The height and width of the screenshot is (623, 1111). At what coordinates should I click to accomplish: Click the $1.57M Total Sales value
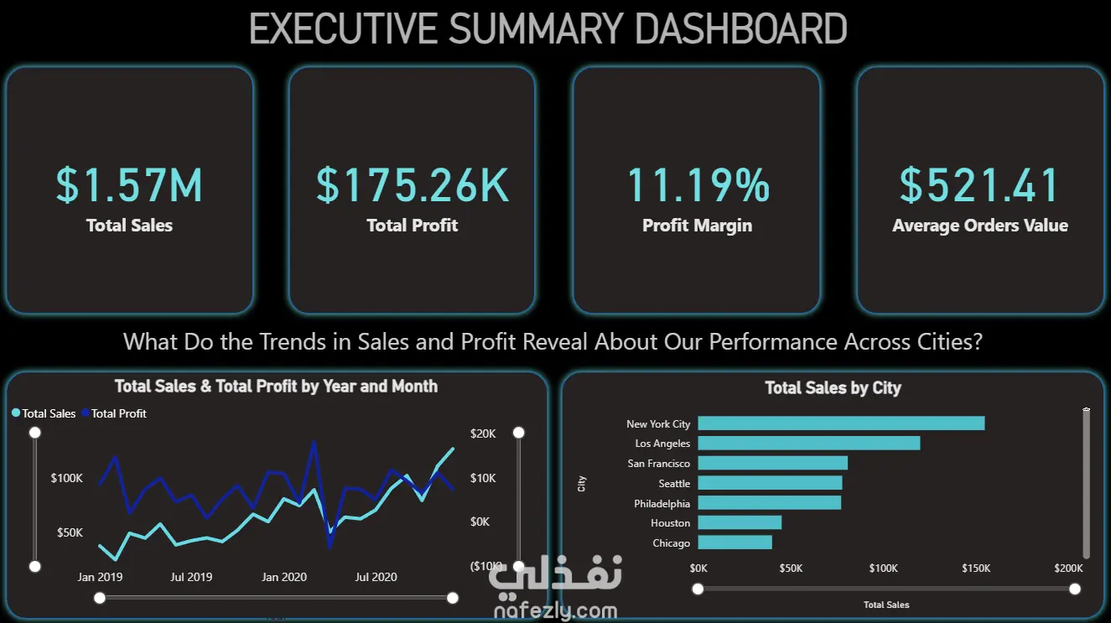coord(129,185)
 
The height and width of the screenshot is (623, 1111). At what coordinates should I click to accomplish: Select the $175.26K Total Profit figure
coord(413,185)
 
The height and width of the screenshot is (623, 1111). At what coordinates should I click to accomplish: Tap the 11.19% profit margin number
coord(698,185)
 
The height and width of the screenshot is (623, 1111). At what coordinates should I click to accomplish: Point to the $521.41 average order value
coord(979,185)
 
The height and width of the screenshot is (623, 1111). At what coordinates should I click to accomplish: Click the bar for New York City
coord(841,423)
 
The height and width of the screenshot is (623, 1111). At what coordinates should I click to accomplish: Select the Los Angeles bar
coord(808,443)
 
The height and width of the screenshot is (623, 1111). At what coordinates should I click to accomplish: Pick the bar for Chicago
coord(735,543)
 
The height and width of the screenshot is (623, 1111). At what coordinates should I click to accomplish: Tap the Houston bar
coord(740,522)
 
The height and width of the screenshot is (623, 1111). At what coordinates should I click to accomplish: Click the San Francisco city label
coord(659,464)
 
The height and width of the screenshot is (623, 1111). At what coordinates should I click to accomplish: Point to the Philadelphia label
coord(662,504)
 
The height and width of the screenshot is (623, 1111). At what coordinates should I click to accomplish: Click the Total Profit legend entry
coord(118,413)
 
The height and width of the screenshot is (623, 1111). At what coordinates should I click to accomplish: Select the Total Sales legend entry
coord(49,413)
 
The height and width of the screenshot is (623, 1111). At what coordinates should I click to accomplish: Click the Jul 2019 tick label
coord(191,577)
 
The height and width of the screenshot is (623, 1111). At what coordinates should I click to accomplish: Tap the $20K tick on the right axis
coord(484,434)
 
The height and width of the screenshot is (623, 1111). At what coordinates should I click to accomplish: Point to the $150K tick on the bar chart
coord(976,568)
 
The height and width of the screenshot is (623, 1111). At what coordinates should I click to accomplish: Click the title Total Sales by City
coord(833,388)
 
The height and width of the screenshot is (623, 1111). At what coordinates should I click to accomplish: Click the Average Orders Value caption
coord(980,226)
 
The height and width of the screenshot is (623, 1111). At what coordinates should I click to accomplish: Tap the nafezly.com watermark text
coord(556,612)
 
